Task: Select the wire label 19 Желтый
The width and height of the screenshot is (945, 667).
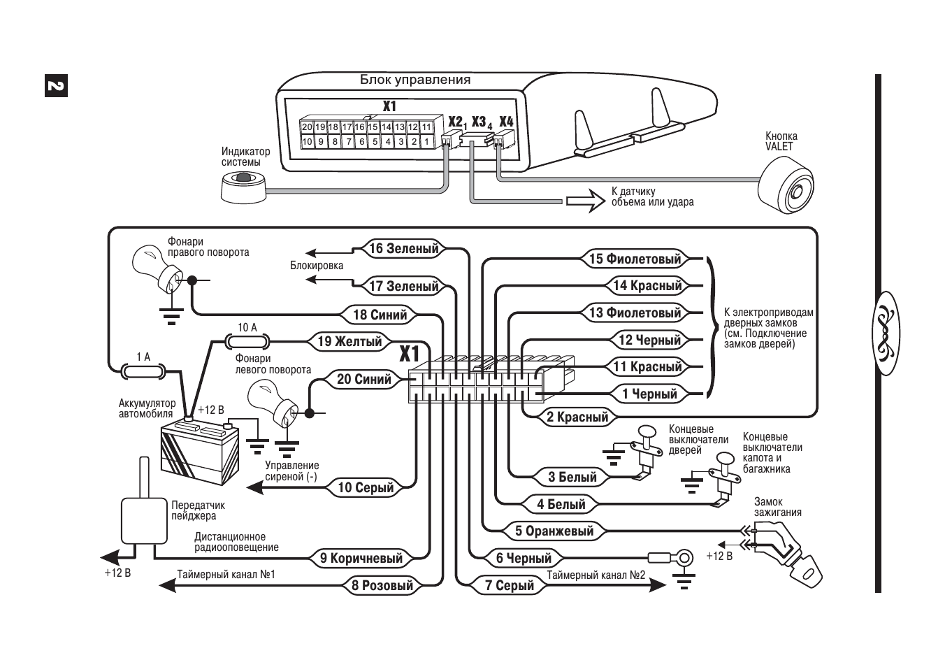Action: tap(349, 341)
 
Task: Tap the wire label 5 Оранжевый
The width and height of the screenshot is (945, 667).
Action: tap(554, 531)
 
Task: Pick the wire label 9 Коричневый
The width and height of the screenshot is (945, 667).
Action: tap(361, 558)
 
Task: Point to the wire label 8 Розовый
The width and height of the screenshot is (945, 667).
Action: tap(382, 585)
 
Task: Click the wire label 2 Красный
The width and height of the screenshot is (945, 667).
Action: tap(577, 417)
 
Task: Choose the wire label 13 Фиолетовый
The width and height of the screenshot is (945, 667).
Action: tap(635, 313)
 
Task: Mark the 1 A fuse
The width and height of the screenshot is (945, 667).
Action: tap(143, 371)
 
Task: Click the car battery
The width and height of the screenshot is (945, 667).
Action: tap(201, 450)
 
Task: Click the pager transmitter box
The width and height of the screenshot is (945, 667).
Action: tap(145, 521)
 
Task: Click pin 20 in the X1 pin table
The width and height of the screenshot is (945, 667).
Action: tap(307, 127)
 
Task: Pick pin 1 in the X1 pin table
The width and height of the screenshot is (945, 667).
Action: tap(426, 142)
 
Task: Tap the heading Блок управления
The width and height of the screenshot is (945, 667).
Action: tap(415, 80)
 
